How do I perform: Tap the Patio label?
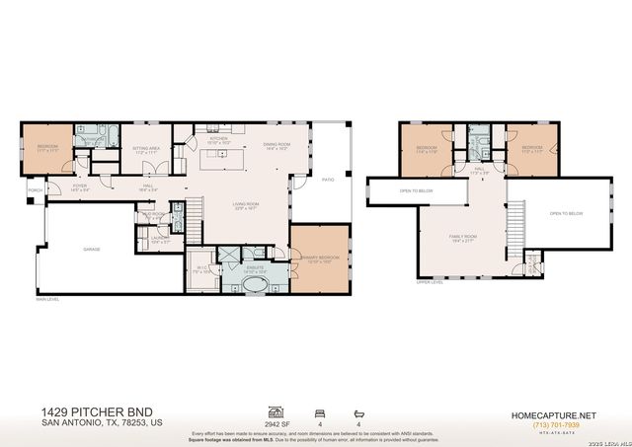pyautogui.click(x=327, y=180)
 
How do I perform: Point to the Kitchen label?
pyautogui.click(x=219, y=139)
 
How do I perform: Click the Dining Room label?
pyautogui.click(x=276, y=146)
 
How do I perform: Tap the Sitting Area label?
pyautogui.click(x=146, y=151)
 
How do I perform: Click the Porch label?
pyautogui.click(x=35, y=189)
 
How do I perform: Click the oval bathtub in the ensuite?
pyautogui.click(x=256, y=285)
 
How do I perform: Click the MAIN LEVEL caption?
pyautogui.click(x=47, y=298)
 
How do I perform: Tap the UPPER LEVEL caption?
pyautogui.click(x=430, y=281)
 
